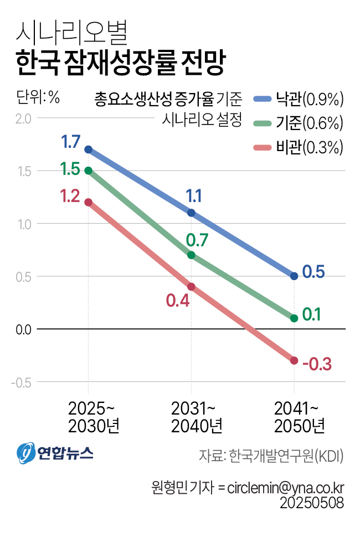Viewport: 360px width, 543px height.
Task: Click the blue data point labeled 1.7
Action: (88, 149)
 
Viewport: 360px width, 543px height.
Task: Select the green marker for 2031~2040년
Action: (191, 255)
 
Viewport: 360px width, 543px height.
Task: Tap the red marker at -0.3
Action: (294, 361)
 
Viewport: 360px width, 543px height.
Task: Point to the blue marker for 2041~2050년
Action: (294, 276)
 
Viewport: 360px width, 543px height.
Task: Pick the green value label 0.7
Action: (197, 240)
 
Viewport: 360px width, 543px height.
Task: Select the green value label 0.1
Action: (312, 315)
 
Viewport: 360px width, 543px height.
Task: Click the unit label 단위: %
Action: (38, 97)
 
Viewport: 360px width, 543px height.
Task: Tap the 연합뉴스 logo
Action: (55, 453)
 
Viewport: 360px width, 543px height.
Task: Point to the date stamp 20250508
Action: (312, 503)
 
